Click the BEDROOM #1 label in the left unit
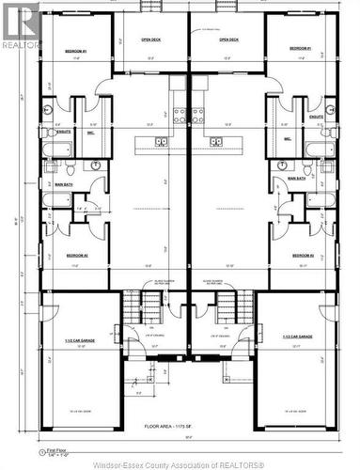click(x=76, y=50)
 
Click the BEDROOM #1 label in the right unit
click(x=300, y=48)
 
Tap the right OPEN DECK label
click(x=227, y=40)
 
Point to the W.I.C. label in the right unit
click(x=288, y=137)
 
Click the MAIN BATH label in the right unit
click(x=296, y=178)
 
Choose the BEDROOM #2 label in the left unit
click(x=77, y=255)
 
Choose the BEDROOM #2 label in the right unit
click(x=302, y=255)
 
